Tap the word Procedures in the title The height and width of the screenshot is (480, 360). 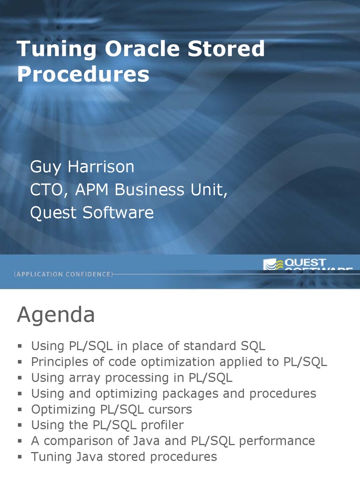tap(83, 75)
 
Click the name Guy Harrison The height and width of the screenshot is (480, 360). tap(82, 166)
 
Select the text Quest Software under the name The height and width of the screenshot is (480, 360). tap(92, 213)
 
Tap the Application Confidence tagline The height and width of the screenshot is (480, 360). tap(63, 274)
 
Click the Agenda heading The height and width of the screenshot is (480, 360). tap(56, 315)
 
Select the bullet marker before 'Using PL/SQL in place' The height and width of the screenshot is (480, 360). tap(20, 346)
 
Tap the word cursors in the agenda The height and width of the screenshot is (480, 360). tap(170, 410)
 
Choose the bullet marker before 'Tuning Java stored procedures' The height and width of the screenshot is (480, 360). tap(20, 457)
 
